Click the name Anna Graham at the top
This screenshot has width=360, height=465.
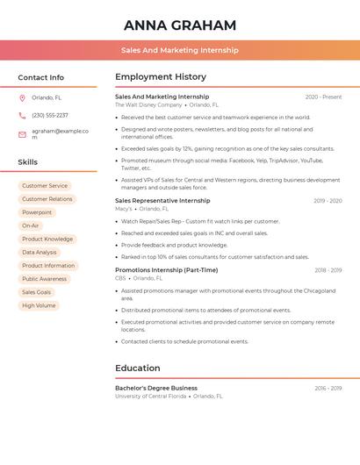180,25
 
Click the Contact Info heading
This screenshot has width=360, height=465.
41,77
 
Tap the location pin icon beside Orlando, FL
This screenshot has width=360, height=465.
22,98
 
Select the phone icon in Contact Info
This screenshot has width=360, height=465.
22,116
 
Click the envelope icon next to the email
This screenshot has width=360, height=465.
22,134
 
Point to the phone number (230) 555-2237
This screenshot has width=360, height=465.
50,116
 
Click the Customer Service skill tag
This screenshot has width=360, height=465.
45,186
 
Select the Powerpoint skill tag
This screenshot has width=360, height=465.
37,212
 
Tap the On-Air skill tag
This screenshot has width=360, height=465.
31,225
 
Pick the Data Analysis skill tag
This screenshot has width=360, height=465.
40,253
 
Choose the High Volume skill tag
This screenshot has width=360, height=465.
39,305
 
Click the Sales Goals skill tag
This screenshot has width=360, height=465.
37,292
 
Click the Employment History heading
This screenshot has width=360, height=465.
161,77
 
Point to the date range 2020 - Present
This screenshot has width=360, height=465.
323,97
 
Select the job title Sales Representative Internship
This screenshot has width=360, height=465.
162,201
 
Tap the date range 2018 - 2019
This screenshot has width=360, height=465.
328,270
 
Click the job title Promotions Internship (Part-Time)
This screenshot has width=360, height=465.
166,270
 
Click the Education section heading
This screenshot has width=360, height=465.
138,368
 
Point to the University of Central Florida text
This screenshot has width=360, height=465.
151,396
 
